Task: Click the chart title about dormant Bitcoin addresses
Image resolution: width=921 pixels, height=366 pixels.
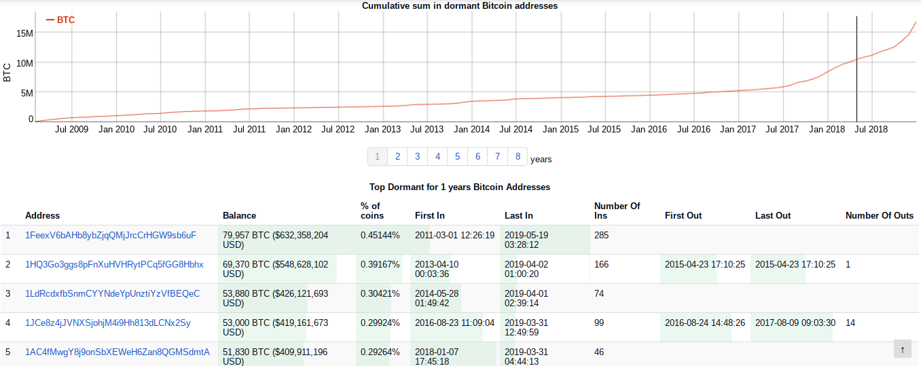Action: tap(459, 6)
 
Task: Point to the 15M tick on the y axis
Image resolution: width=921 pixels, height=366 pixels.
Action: tap(24, 33)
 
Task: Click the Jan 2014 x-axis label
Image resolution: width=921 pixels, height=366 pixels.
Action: tap(471, 129)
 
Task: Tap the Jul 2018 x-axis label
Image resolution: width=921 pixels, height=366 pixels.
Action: tap(871, 129)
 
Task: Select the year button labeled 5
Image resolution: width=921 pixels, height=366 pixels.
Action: tap(457, 157)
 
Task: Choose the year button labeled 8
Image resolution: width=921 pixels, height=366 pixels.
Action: tap(518, 157)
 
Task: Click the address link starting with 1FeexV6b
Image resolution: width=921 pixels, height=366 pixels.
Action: tap(111, 236)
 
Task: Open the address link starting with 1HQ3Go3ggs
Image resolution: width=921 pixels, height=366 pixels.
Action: tap(114, 265)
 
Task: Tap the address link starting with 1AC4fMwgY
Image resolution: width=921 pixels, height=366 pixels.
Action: tap(118, 352)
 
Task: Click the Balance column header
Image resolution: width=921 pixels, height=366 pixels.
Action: tap(239, 216)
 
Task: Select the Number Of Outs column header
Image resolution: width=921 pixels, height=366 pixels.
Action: tap(880, 216)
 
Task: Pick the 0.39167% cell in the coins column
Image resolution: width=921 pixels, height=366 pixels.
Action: tap(380, 265)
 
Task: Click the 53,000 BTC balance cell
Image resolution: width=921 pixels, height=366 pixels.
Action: tap(275, 327)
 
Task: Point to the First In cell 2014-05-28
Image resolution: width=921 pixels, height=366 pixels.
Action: tap(437, 298)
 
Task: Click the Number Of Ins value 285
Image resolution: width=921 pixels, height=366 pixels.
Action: tap(601, 236)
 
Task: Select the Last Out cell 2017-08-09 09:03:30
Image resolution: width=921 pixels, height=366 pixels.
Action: tap(795, 323)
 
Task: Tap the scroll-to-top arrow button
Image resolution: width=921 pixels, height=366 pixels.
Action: tap(902, 349)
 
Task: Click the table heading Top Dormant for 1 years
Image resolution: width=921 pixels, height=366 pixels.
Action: tap(459, 187)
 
